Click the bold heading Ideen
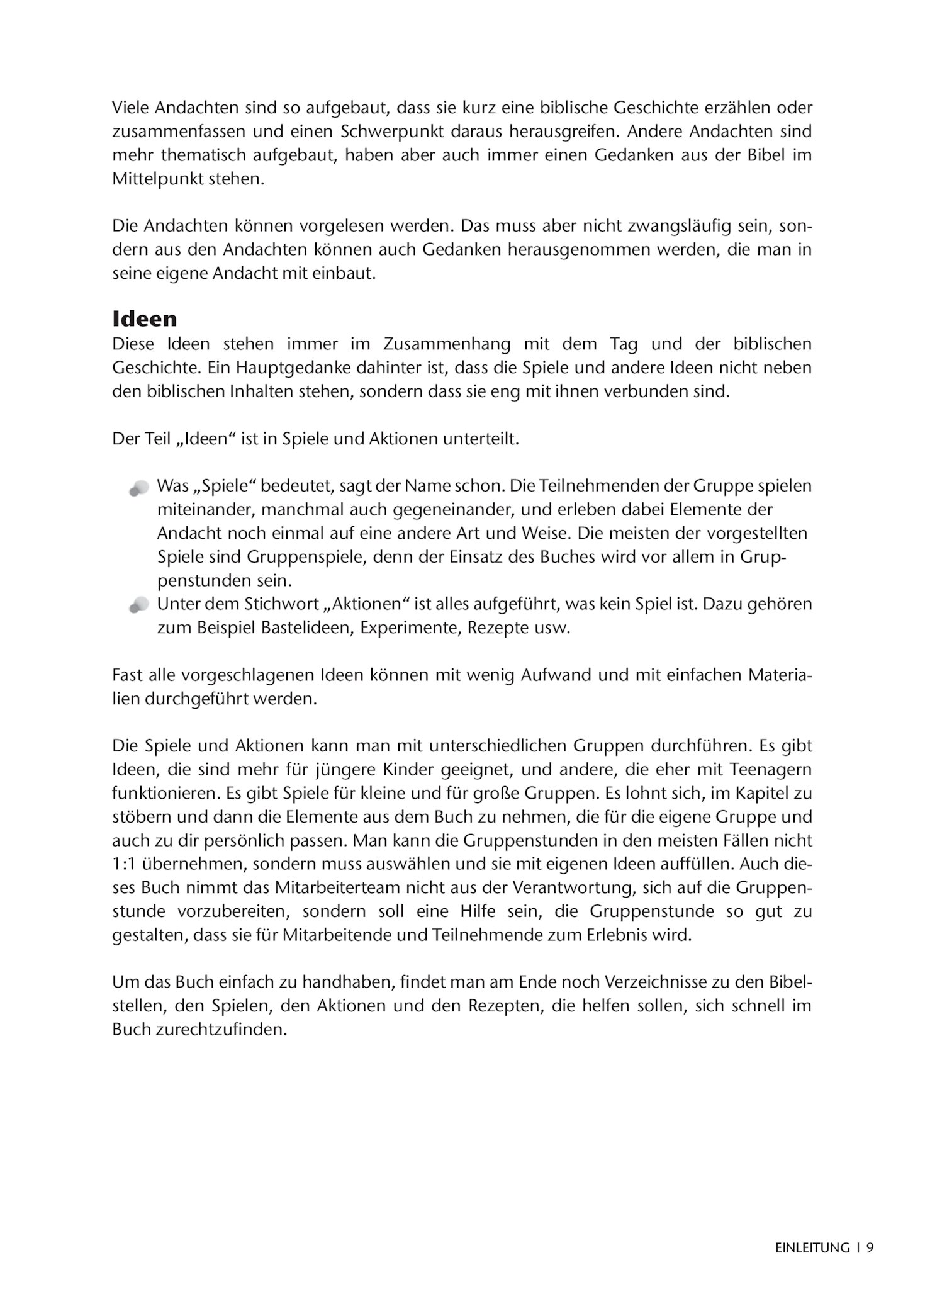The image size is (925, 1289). tap(144, 319)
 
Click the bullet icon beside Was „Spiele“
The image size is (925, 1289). tap(139, 488)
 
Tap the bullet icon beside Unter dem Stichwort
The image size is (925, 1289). tap(139, 605)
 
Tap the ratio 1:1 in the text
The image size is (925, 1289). tap(122, 864)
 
